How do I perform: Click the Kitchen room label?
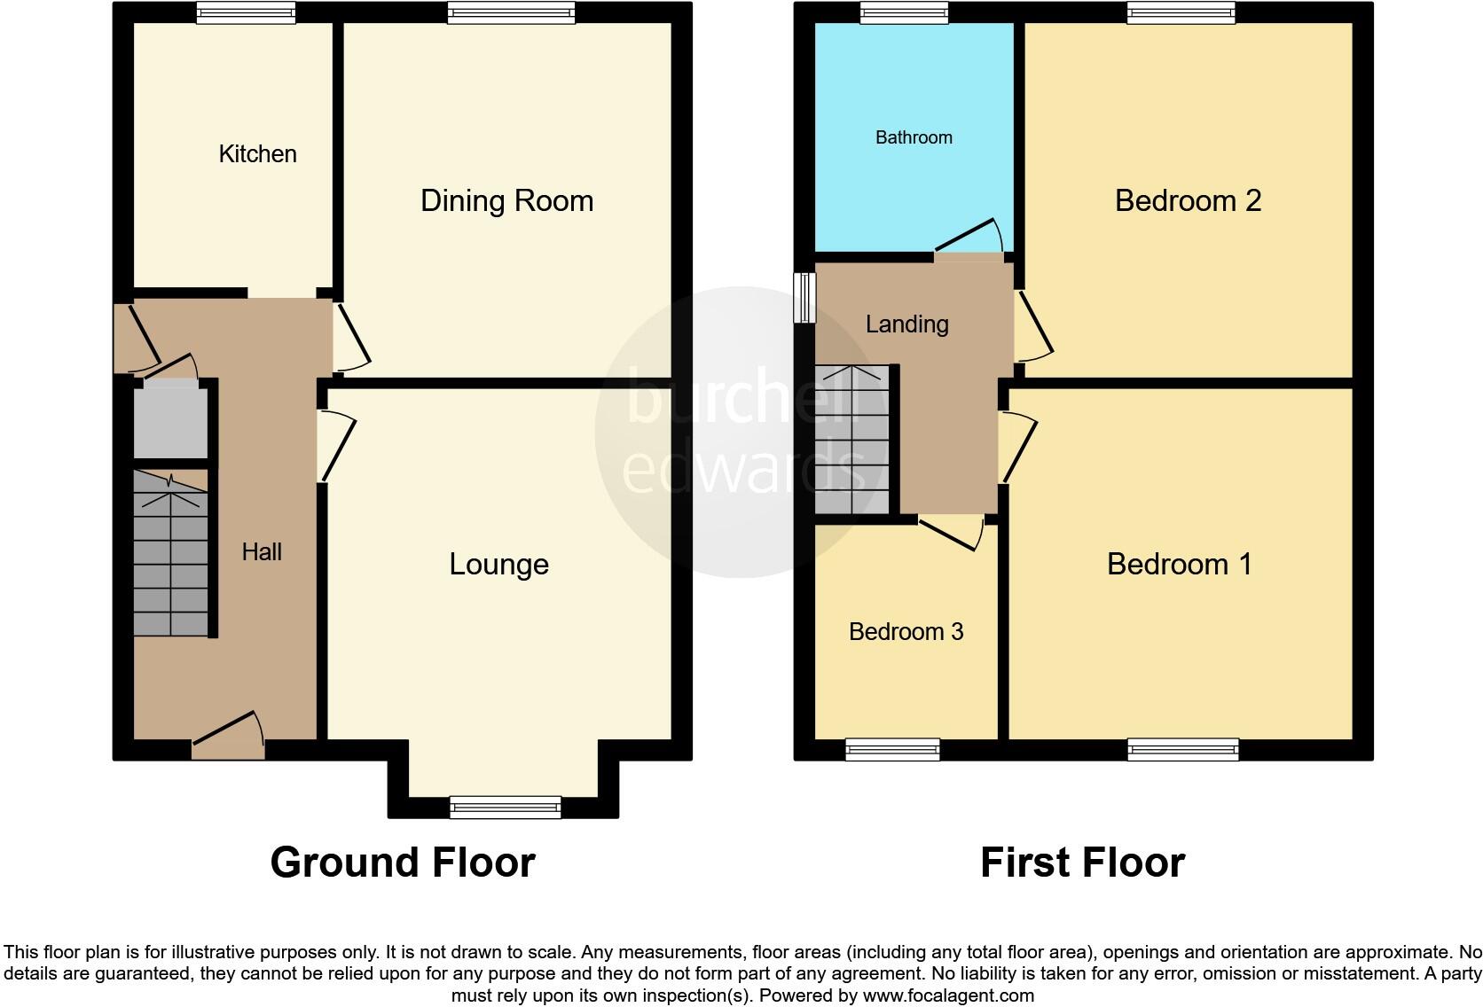[257, 154]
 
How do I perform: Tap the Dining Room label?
[506, 201]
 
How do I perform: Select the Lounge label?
[498, 565]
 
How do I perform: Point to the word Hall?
[262, 552]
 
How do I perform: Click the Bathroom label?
[914, 137]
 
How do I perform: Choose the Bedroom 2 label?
[1188, 201]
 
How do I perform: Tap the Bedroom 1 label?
[1179, 565]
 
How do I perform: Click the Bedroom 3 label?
[906, 632]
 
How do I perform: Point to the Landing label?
[906, 324]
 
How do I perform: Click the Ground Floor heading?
[402, 863]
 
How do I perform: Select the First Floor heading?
[1082, 863]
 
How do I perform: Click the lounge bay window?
[506, 806]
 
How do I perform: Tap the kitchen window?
[246, 12]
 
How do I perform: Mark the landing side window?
[805, 297]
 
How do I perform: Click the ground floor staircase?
[170, 554]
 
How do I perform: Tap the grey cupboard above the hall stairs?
[170, 421]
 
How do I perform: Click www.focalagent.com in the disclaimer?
[948, 995]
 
